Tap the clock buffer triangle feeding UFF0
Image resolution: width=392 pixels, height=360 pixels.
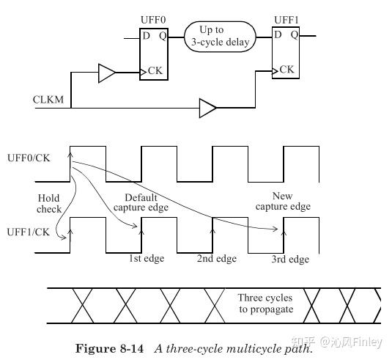(x=107, y=72)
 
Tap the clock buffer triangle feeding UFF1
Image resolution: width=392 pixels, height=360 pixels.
(x=207, y=109)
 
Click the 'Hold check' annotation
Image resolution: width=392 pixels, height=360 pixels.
(x=50, y=203)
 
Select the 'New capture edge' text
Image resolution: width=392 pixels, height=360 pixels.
(x=282, y=201)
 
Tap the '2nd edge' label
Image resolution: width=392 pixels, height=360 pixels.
(x=217, y=259)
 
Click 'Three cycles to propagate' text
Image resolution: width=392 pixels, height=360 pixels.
(x=265, y=304)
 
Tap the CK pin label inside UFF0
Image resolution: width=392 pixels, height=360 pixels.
(x=155, y=71)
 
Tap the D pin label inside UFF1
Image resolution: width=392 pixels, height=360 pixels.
(x=277, y=34)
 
